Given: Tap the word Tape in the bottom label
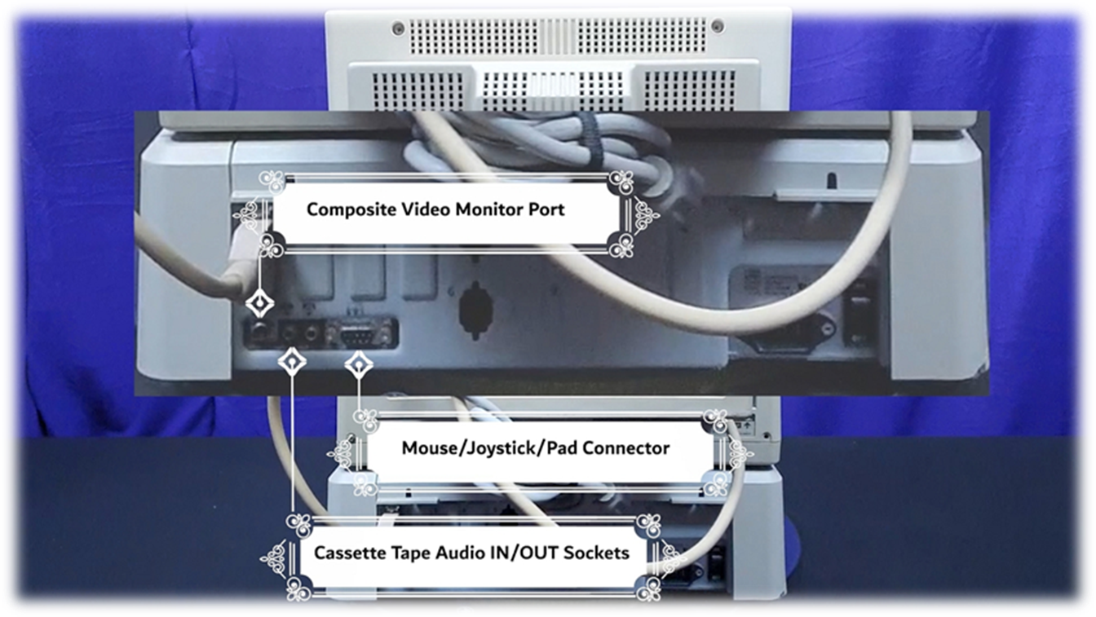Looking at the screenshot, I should (x=409, y=553).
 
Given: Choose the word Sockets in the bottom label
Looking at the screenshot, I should (x=597, y=553).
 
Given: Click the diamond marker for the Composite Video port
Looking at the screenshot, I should (x=259, y=305).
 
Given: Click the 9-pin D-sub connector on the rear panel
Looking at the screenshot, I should (x=360, y=333).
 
